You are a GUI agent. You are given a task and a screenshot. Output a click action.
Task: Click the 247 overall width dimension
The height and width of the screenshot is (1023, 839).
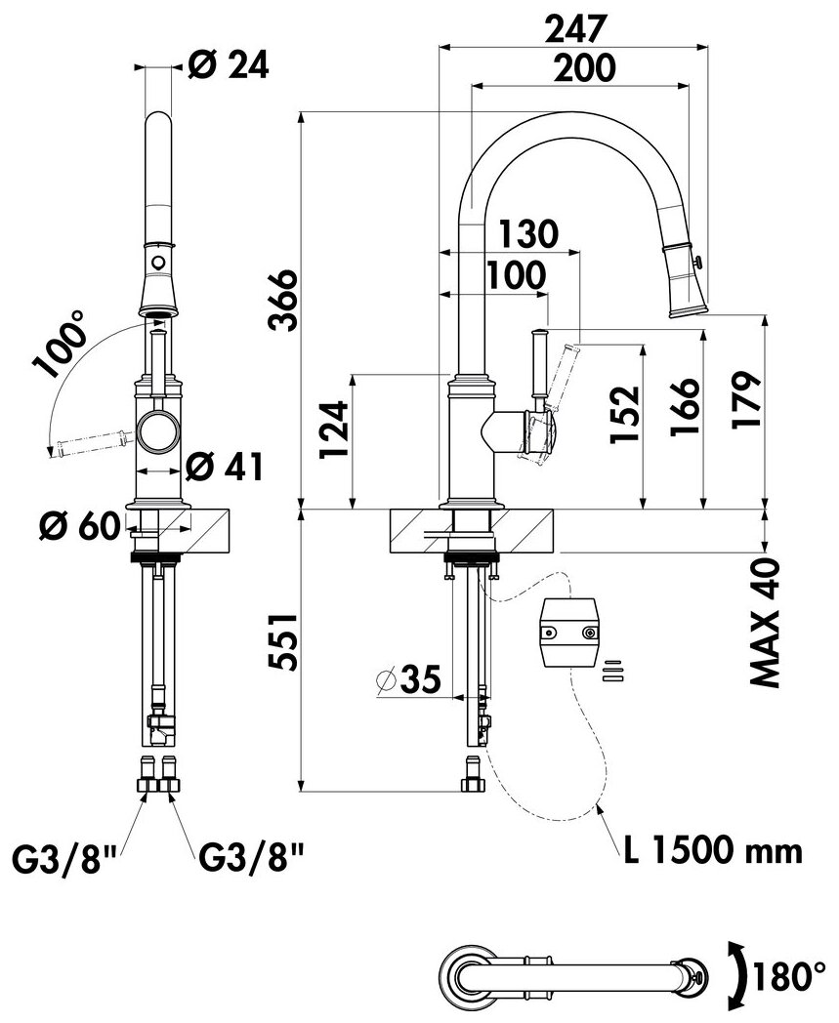click(576, 28)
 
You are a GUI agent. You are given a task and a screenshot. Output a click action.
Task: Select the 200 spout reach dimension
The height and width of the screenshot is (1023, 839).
click(584, 68)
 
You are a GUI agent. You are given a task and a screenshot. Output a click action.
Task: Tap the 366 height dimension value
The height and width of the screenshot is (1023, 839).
click(285, 300)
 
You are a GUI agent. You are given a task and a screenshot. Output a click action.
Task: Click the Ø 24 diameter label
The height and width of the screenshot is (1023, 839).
click(228, 66)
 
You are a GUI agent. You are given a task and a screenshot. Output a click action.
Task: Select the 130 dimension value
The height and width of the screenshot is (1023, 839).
click(528, 233)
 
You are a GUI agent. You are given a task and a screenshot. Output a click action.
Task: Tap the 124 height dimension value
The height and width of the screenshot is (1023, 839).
click(334, 430)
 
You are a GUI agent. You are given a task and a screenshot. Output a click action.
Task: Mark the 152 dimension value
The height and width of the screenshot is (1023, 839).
click(625, 415)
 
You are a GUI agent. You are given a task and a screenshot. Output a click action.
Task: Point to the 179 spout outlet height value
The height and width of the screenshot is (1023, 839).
click(746, 400)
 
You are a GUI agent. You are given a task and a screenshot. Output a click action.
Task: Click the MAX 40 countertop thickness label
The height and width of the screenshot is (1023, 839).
click(765, 623)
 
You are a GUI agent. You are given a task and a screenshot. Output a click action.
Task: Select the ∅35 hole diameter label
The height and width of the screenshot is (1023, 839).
click(408, 679)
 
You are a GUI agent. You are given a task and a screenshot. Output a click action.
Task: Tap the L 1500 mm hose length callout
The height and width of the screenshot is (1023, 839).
click(712, 850)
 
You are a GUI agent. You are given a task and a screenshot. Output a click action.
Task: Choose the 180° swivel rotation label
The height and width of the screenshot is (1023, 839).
click(789, 977)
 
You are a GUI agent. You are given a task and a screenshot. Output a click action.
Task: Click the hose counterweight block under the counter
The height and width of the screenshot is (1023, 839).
click(569, 632)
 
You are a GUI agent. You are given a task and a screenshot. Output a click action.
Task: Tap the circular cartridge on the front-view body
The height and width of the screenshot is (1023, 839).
click(156, 431)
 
